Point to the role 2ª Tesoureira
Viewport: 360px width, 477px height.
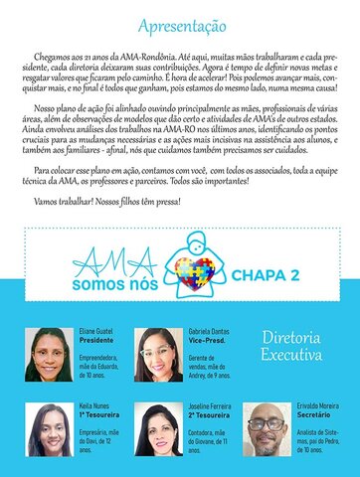[210, 416]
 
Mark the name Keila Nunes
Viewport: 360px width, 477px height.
[96, 407]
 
